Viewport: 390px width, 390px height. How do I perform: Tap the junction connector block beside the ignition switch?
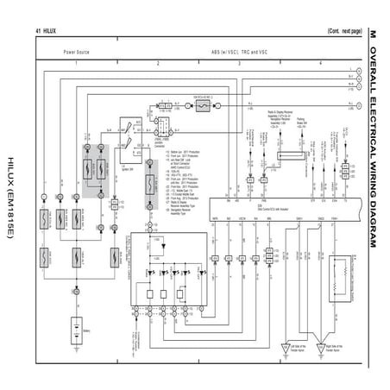(161, 128)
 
